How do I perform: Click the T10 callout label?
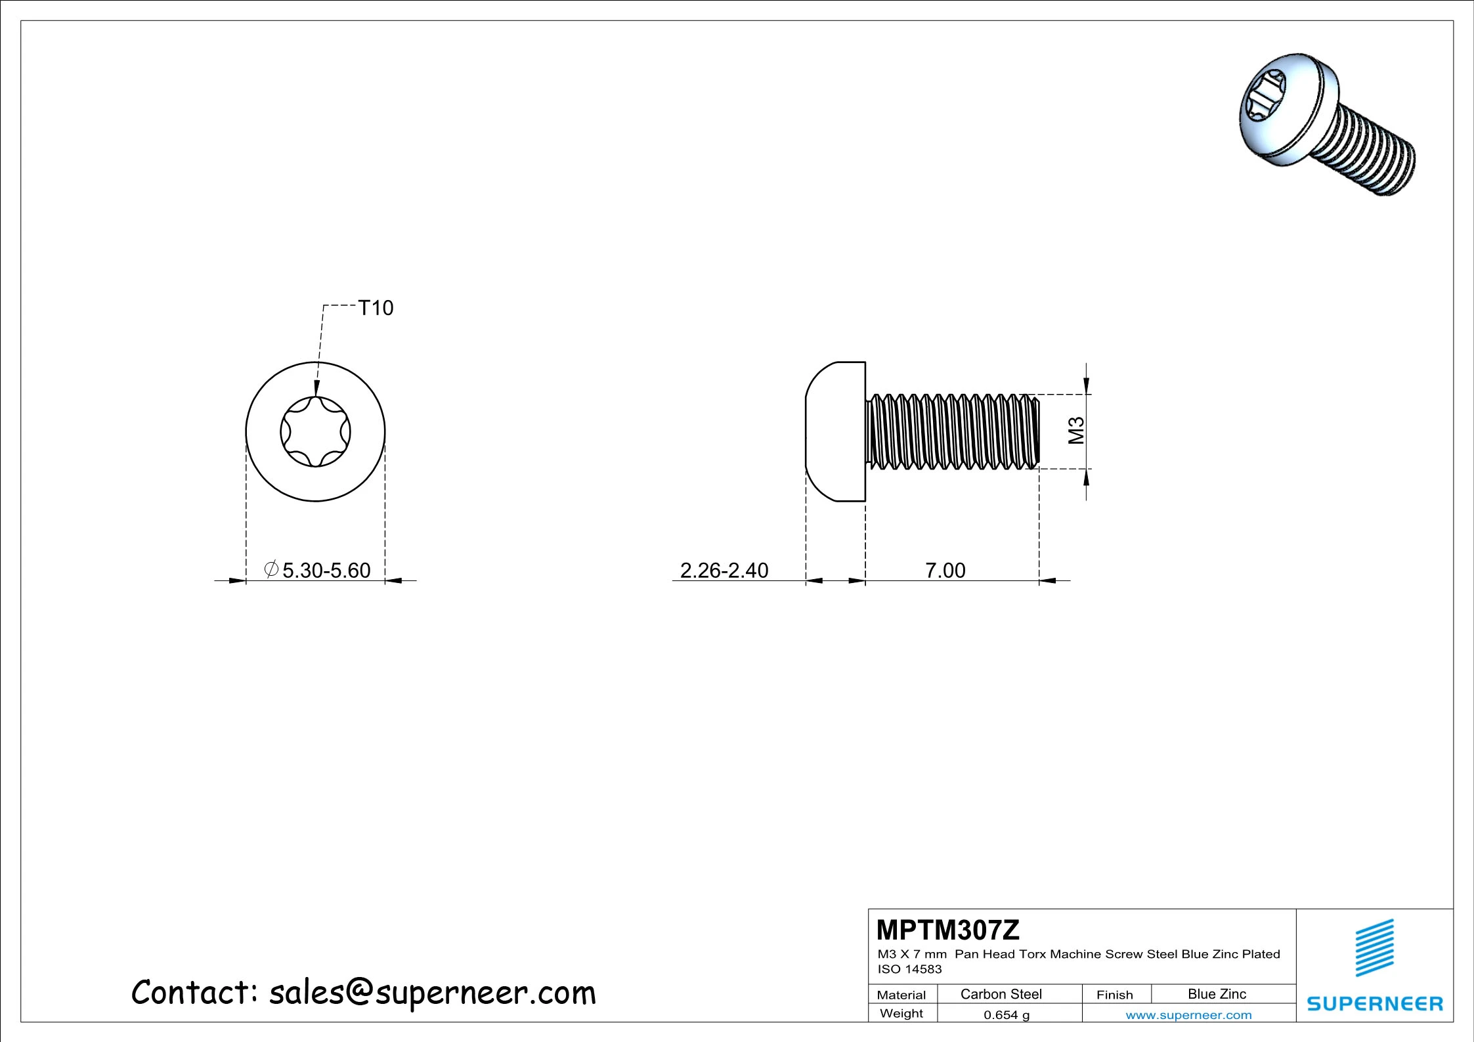[375, 308]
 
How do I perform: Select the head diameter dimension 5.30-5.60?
[317, 570]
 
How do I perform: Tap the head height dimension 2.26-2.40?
[724, 570]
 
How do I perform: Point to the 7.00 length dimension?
[945, 570]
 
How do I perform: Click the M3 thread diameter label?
[1076, 431]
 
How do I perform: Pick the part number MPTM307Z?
[948, 930]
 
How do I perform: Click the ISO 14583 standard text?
[909, 969]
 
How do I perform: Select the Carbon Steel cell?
[1001, 994]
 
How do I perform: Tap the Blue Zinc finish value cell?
[1217, 994]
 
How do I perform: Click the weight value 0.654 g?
[1007, 1014]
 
